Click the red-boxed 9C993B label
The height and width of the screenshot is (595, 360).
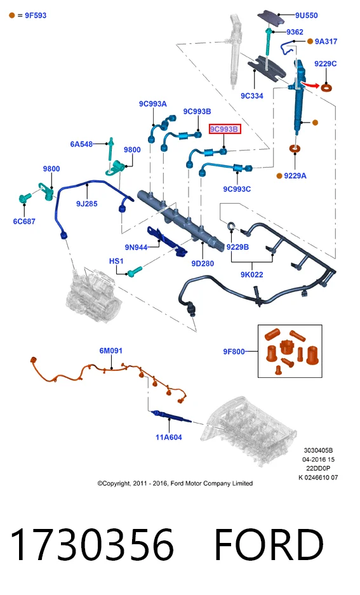pyautogui.click(x=224, y=130)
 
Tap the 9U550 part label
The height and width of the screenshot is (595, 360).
pyautogui.click(x=307, y=16)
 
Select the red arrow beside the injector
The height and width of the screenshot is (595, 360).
pyautogui.click(x=310, y=84)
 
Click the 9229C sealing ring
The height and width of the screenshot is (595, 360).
pyautogui.click(x=326, y=88)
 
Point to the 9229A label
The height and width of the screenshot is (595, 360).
pyautogui.click(x=295, y=176)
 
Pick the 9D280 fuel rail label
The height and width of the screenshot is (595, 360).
pyautogui.click(x=203, y=264)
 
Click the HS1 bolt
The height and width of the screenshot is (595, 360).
pyautogui.click(x=135, y=271)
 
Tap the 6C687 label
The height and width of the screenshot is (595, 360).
pyautogui.click(x=24, y=221)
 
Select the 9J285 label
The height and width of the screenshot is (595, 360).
pyautogui.click(x=87, y=204)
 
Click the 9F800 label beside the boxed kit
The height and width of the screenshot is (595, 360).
pyautogui.click(x=234, y=352)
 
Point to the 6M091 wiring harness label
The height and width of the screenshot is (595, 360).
pyautogui.click(x=110, y=351)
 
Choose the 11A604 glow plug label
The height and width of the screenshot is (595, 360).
pyautogui.click(x=169, y=437)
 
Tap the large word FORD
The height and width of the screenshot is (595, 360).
pyautogui.click(x=269, y=545)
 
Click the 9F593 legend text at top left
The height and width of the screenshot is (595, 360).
pyautogui.click(x=36, y=16)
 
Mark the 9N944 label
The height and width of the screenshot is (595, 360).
pyautogui.click(x=136, y=248)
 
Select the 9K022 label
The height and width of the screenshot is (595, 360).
pyautogui.click(x=252, y=274)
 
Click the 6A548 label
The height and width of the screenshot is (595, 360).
pyautogui.click(x=81, y=144)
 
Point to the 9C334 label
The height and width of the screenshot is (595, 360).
pyautogui.click(x=252, y=96)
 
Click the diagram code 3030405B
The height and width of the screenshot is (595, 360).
pyautogui.click(x=318, y=450)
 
